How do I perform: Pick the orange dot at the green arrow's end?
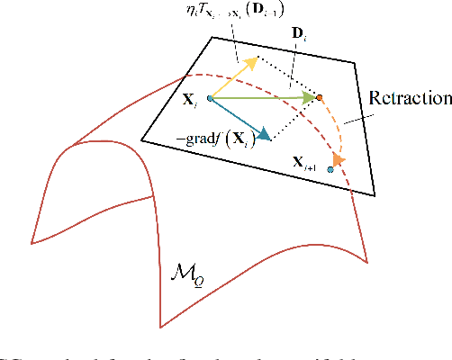click(320, 95)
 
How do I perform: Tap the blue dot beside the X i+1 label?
click(331, 168)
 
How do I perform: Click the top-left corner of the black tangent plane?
click(212, 38)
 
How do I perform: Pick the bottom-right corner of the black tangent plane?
click(375, 196)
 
